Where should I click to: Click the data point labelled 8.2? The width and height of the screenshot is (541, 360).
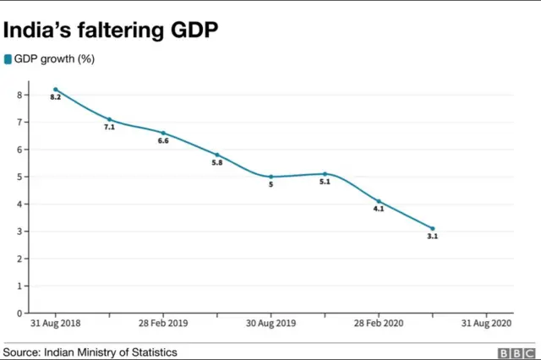tap(56, 89)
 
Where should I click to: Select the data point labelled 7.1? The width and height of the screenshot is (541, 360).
tap(109, 119)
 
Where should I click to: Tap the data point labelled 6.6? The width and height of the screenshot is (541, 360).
tap(163, 133)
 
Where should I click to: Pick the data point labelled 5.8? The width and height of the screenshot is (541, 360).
tap(217, 155)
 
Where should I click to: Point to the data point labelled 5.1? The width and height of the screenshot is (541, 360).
tap(325, 173)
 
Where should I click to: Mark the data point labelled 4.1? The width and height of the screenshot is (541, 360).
tap(379, 201)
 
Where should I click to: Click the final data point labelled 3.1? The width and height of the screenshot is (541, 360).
tap(433, 228)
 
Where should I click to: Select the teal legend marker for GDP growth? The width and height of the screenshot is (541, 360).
tap(8, 59)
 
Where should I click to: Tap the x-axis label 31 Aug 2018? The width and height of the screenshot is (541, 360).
tap(56, 324)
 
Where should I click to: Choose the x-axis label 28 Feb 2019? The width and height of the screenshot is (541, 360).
tap(163, 324)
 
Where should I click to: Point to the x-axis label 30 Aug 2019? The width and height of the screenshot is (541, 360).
tap(270, 324)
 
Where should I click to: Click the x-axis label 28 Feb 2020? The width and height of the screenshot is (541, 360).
tap(379, 324)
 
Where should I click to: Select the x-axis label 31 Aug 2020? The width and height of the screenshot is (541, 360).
tap(486, 324)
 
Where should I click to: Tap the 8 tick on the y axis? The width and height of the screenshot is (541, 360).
tap(19, 95)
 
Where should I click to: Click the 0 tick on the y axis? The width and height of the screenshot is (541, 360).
tap(19, 313)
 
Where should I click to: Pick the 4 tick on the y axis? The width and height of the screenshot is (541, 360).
tap(19, 204)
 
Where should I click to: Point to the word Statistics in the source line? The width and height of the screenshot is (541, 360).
tap(151, 352)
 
